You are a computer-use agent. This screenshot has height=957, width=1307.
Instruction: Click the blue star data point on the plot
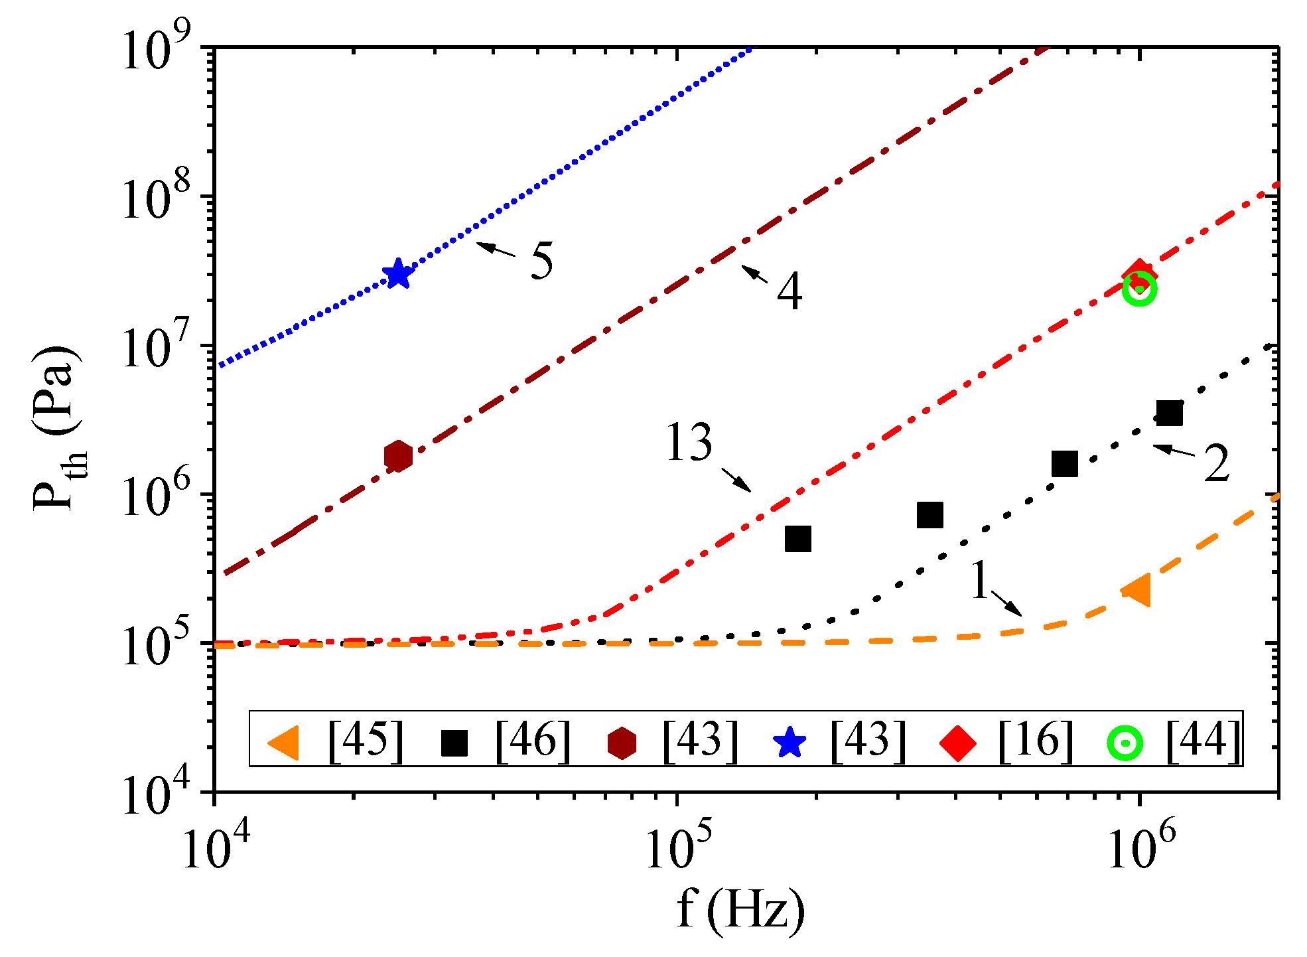pyautogui.click(x=398, y=273)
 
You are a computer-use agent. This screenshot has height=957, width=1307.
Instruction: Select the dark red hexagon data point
pyautogui.click(x=398, y=456)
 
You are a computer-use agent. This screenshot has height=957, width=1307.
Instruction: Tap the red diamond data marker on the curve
pyautogui.click(x=1140, y=275)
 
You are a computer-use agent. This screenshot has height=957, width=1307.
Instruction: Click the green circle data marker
pyautogui.click(x=1140, y=289)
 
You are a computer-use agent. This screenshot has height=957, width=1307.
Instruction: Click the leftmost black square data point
pyautogui.click(x=798, y=539)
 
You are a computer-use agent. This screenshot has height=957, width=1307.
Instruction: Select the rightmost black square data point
pyautogui.click(x=1169, y=413)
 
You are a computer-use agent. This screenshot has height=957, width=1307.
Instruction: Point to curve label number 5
pyautogui.click(x=541, y=261)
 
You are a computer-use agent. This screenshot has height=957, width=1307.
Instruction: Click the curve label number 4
pyautogui.click(x=789, y=291)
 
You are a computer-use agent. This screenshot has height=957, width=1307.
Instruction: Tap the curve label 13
pyautogui.click(x=690, y=443)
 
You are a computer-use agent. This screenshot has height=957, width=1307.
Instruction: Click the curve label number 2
pyautogui.click(x=1216, y=463)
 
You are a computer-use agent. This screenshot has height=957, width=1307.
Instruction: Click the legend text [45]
pyautogui.click(x=366, y=739)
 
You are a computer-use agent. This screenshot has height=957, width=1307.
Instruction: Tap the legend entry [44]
pyautogui.click(x=1203, y=739)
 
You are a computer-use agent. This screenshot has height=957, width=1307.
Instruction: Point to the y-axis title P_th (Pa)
pyautogui.click(x=58, y=428)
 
